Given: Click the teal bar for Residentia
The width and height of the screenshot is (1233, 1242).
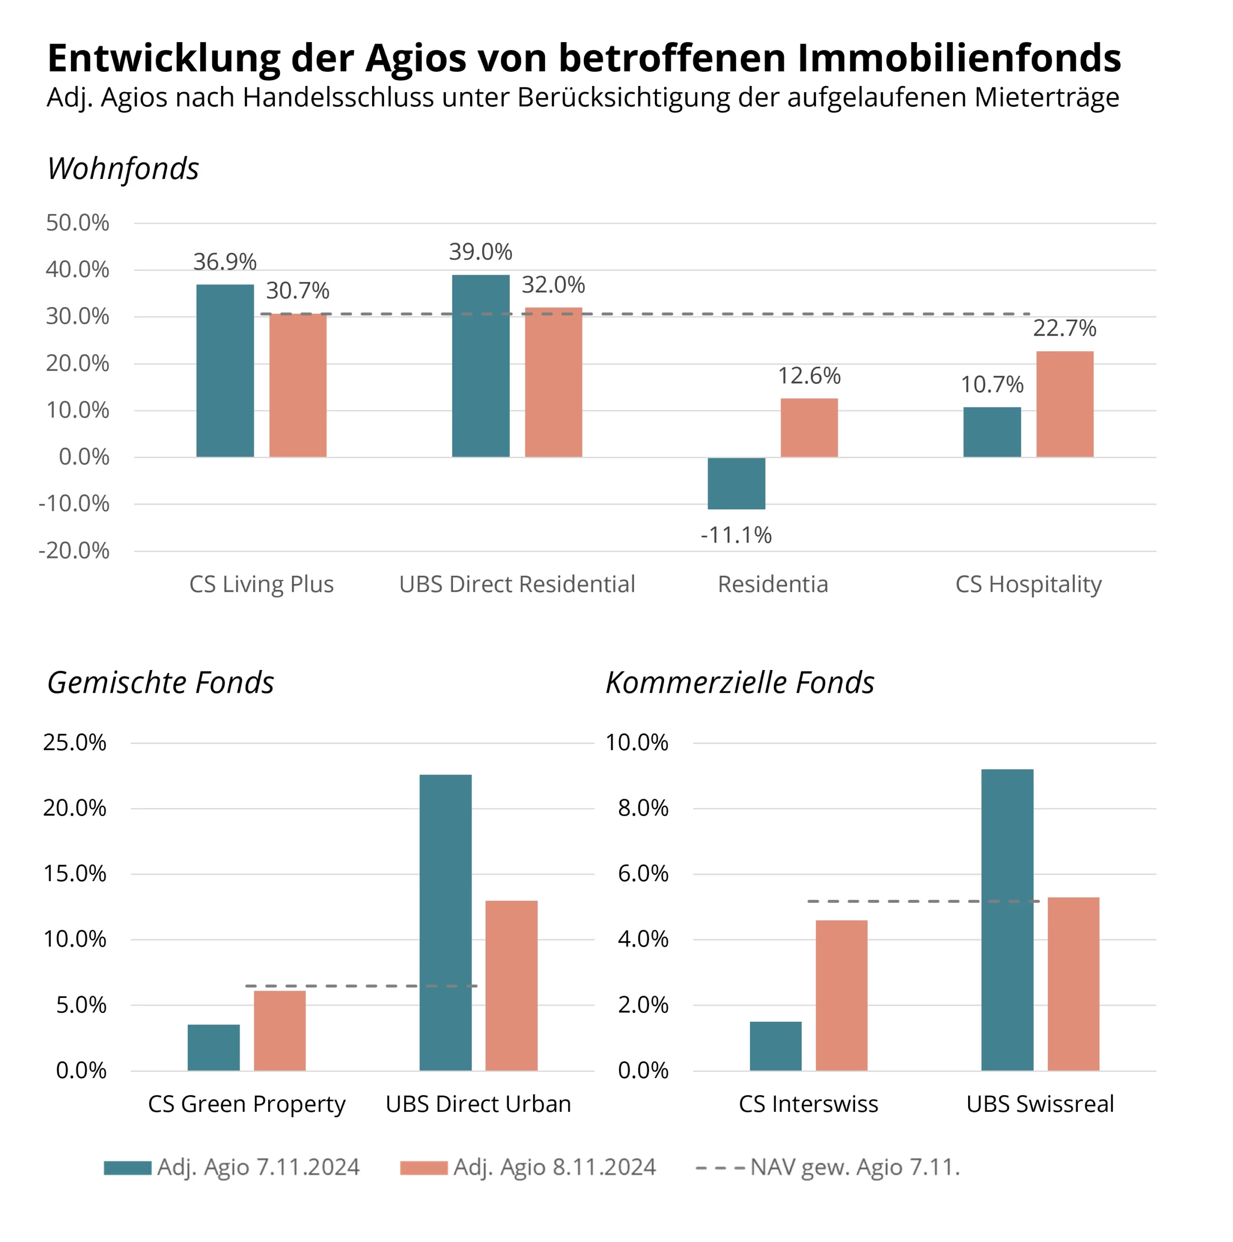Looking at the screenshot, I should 736,483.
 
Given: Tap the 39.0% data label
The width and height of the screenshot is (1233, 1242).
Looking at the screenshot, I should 480,251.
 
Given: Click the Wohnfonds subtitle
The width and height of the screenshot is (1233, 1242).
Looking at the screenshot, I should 123,168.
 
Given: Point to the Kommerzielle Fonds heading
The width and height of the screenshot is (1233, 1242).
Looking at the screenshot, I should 739,683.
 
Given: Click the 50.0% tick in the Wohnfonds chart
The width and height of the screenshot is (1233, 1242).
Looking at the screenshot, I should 77,223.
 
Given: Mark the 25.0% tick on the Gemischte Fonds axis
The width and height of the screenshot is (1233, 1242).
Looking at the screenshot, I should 75,742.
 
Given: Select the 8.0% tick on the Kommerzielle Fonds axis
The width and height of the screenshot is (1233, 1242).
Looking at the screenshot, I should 643,808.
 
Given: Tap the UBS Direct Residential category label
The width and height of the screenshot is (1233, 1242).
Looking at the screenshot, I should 517,584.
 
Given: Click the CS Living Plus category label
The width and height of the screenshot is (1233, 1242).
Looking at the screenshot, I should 261,584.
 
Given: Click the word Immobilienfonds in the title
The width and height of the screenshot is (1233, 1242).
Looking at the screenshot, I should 959,58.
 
